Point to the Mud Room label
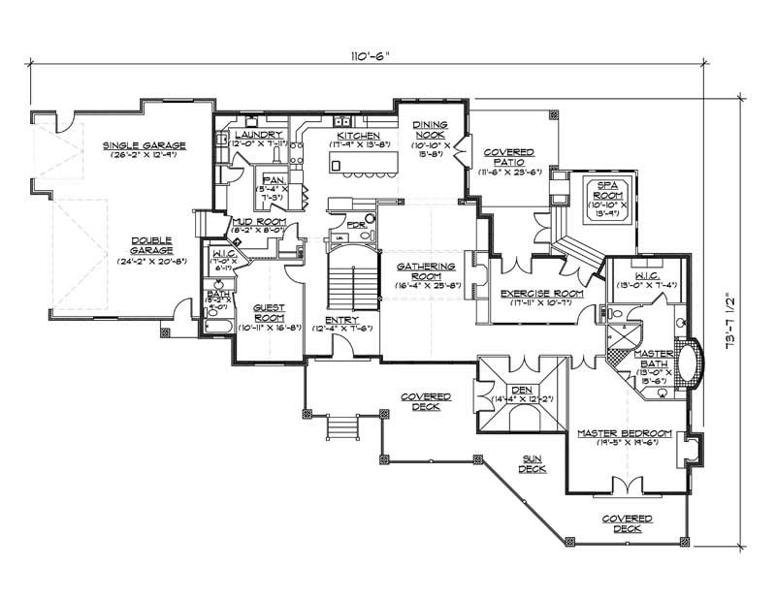coord(256,222)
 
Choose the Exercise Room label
coord(541,293)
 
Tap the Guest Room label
coord(269,311)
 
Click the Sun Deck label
coord(532,464)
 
